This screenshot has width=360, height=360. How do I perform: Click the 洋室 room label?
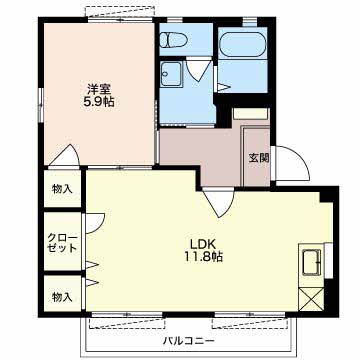[99, 89]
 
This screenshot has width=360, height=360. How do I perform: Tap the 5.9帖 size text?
[99, 102]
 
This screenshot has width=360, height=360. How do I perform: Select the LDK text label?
[204, 244]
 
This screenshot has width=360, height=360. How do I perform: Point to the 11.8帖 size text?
[204, 257]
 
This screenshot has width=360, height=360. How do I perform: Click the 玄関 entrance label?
[259, 158]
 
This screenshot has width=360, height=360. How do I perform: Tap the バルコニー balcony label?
[188, 341]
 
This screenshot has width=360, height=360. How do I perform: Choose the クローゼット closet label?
[63, 243]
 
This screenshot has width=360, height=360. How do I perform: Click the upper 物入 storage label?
[62, 189]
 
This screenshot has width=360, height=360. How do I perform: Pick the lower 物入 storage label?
[62, 297]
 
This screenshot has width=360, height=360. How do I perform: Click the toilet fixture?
[173, 40]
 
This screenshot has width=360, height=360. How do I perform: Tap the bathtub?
[242, 45]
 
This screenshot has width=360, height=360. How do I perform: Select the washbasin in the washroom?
[171, 75]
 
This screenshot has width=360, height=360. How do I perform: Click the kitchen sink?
[312, 262]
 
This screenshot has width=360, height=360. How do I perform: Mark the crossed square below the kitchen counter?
[311, 300]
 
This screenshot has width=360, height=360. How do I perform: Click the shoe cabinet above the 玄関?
[251, 114]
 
